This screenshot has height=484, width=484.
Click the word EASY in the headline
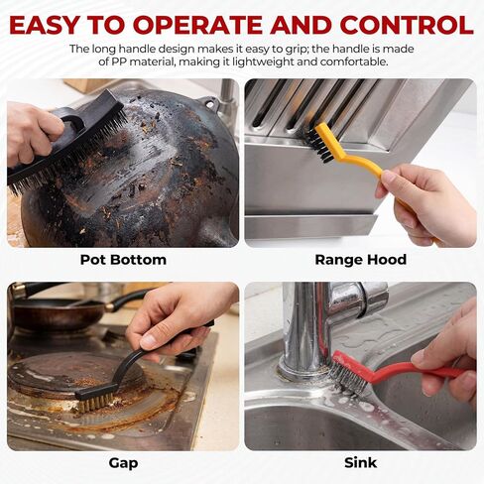pos(45,25)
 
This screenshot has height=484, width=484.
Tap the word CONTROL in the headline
pos(407,25)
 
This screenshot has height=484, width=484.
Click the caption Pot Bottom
pos(123,260)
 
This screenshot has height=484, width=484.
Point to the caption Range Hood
pos(361,260)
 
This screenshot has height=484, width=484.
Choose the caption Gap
pos(123,463)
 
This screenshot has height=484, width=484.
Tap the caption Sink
pos(361,462)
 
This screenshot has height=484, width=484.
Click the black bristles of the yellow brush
pos(318,146)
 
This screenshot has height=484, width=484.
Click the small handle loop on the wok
pos(209,102)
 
